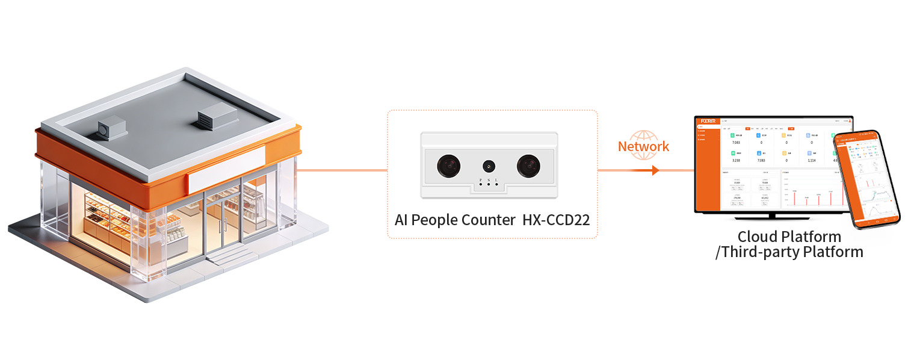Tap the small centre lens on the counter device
pyautogui.click(x=489, y=164)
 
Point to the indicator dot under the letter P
pyautogui.click(x=480, y=184)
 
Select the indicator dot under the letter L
pyautogui.click(x=496, y=184)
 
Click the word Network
pyautogui.click(x=643, y=146)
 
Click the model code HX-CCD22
pyautogui.click(x=554, y=220)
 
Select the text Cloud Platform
pyautogui.click(x=789, y=237)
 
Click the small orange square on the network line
pyautogui.click(x=655, y=170)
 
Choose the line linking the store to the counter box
pyautogui.click(x=343, y=170)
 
